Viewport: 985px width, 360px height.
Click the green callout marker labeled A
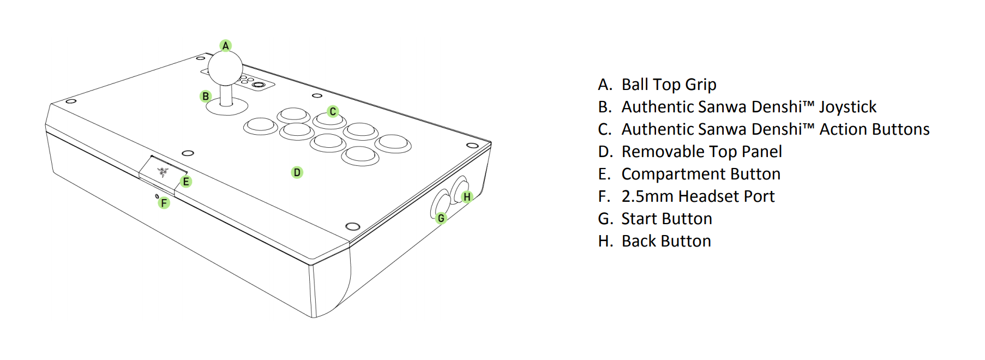225,45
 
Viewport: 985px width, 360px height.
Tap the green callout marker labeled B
205,96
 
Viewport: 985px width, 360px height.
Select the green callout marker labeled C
333,111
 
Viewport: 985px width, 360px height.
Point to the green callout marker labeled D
297,172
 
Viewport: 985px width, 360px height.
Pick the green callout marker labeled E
186,182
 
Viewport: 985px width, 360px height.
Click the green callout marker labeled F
164,203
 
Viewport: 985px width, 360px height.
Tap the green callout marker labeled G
441,218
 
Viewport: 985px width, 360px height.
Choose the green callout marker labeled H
467,197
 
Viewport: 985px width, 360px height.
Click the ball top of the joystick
225,68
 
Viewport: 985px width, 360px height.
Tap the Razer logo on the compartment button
163,172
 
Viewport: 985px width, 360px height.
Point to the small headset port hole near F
157,196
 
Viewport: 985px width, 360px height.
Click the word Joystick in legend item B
848,107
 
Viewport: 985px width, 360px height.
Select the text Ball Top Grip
669,85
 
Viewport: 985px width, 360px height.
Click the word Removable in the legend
662,152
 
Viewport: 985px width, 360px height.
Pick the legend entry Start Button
666,219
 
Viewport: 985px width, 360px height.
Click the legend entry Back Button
666,241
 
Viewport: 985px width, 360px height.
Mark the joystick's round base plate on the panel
226,108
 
